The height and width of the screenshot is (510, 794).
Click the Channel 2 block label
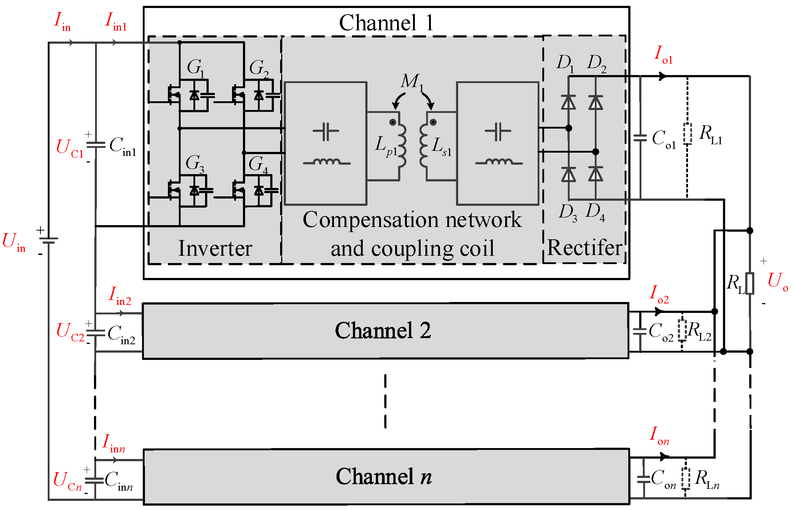click(383, 330)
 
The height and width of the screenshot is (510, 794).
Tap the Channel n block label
click(384, 476)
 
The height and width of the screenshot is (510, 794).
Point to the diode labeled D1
click(569, 102)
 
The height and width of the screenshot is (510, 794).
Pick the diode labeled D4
click(595, 174)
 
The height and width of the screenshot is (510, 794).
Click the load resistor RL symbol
click(750, 283)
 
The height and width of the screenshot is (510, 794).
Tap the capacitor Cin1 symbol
click(96, 145)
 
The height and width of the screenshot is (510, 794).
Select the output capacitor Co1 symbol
click(640, 138)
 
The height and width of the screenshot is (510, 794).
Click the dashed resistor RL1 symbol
click(687, 134)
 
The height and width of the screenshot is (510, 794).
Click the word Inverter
click(215, 249)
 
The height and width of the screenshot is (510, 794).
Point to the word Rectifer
click(584, 248)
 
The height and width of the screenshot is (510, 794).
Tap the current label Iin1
click(115, 21)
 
